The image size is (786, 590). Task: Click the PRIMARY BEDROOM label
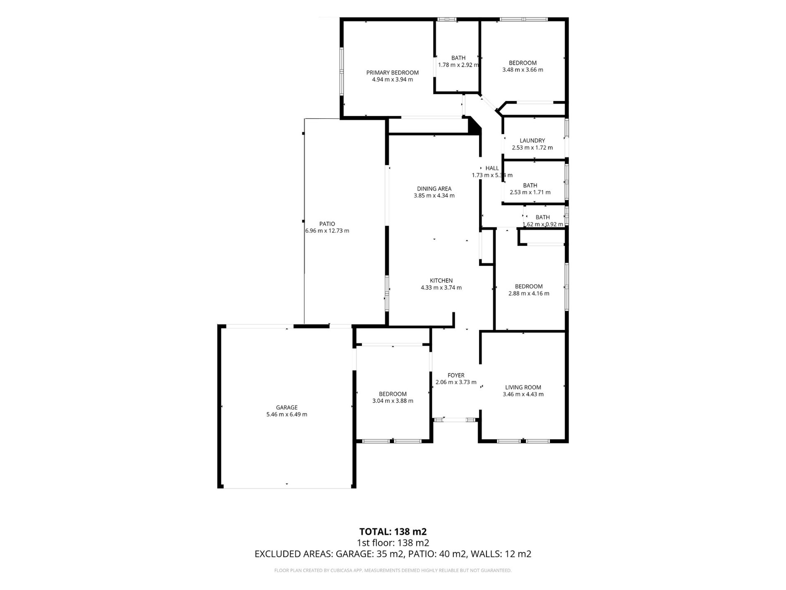click(392, 73)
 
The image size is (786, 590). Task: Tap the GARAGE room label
click(287, 407)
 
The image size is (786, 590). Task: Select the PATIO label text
click(327, 224)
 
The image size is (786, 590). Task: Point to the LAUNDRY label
click(532, 141)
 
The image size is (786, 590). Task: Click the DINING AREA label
click(434, 189)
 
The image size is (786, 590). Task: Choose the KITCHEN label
click(441, 281)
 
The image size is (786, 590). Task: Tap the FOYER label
click(456, 376)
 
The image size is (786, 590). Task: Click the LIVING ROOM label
click(523, 388)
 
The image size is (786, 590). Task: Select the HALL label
click(492, 168)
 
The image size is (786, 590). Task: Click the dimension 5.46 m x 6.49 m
click(287, 414)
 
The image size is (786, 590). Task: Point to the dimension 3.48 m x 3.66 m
click(522, 70)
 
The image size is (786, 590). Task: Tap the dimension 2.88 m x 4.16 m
click(529, 294)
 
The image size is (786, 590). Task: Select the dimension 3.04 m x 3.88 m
click(393, 401)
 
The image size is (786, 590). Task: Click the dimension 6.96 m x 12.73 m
click(327, 231)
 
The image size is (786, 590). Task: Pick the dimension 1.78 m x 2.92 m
click(458, 65)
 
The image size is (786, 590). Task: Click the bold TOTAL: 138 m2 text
click(393, 532)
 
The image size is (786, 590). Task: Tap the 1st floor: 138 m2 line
click(393, 543)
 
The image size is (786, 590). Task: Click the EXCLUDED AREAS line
click(393, 554)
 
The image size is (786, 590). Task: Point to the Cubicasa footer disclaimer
click(393, 571)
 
